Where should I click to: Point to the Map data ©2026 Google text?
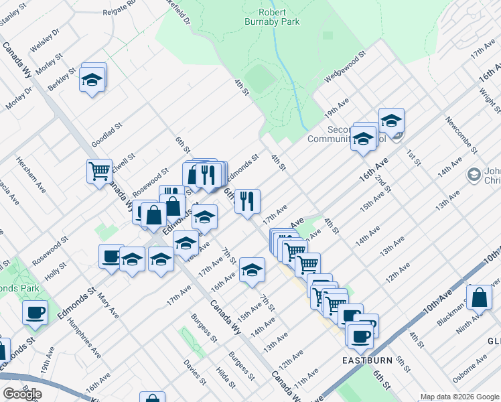(459, 397)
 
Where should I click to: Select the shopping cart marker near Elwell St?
(99, 171)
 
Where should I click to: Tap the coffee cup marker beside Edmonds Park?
(35, 312)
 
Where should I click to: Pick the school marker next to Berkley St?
(92, 80)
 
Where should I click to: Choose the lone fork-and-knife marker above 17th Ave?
(247, 201)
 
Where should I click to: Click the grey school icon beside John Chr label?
(474, 174)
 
